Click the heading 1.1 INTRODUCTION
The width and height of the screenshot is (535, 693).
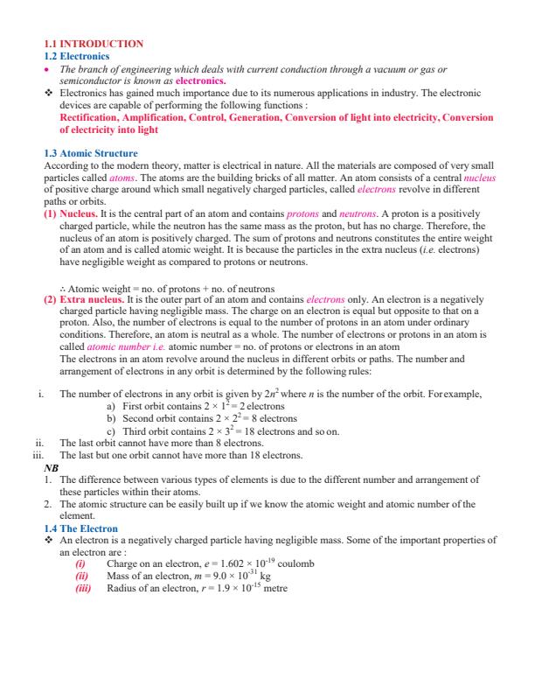(x=94, y=43)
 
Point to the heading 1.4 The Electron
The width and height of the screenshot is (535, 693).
(x=81, y=528)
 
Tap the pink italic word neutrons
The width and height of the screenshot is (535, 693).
(x=358, y=213)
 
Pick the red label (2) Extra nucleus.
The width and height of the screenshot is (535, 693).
(x=84, y=299)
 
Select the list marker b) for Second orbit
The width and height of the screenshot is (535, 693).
(x=109, y=418)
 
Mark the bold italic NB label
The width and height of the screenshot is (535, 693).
(x=50, y=468)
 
